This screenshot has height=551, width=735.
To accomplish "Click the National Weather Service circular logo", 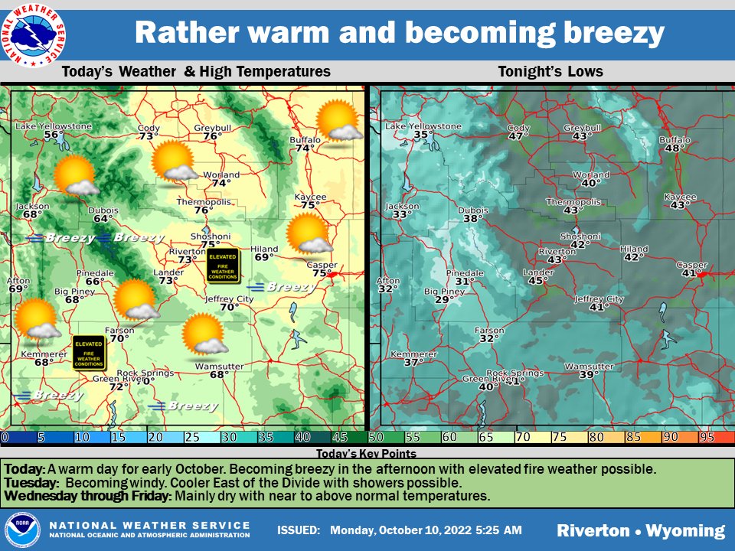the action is point(34,33).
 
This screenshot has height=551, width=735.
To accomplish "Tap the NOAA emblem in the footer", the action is point(22,530).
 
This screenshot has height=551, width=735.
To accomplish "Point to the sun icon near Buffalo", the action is point(338,122).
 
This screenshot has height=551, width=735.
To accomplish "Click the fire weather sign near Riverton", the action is point(223,265).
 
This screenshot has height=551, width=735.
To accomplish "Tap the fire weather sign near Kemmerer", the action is point(89,353).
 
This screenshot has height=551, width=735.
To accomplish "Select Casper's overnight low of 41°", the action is point(691,273).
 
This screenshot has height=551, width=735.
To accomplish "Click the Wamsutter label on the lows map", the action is point(589,367).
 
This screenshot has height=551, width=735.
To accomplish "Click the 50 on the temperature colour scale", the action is point(376,437).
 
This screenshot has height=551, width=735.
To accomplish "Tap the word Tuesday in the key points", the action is point(31,483).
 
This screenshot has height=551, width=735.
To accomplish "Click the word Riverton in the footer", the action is point(593,530).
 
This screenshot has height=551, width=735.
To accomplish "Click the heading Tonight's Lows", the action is point(550,72).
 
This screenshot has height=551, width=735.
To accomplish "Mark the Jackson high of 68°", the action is point(31,215).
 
